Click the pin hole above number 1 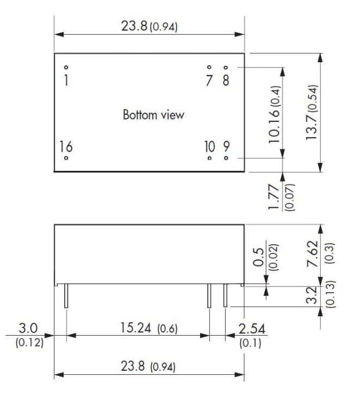66,67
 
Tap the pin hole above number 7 209,67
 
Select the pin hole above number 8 226,67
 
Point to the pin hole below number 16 66,158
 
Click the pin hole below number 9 226,158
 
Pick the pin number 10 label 210,146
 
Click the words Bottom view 153,115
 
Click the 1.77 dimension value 274,197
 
